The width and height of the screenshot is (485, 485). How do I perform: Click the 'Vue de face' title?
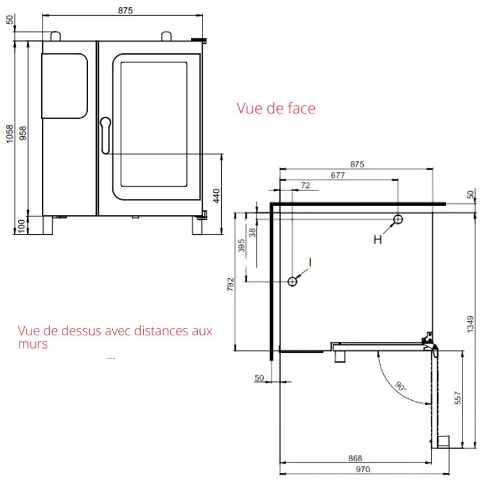(276, 109)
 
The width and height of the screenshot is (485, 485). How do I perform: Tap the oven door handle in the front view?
(105, 135)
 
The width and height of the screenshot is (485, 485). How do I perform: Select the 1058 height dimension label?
(10, 133)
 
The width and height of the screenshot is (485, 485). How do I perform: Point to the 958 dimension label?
(23, 133)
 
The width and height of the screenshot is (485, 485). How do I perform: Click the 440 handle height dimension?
(216, 196)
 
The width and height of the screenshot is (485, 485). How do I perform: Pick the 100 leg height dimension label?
(21, 226)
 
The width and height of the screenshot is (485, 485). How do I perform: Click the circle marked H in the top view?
(398, 219)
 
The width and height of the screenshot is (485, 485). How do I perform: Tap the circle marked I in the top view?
(292, 281)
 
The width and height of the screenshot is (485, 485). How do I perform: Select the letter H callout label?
(378, 239)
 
